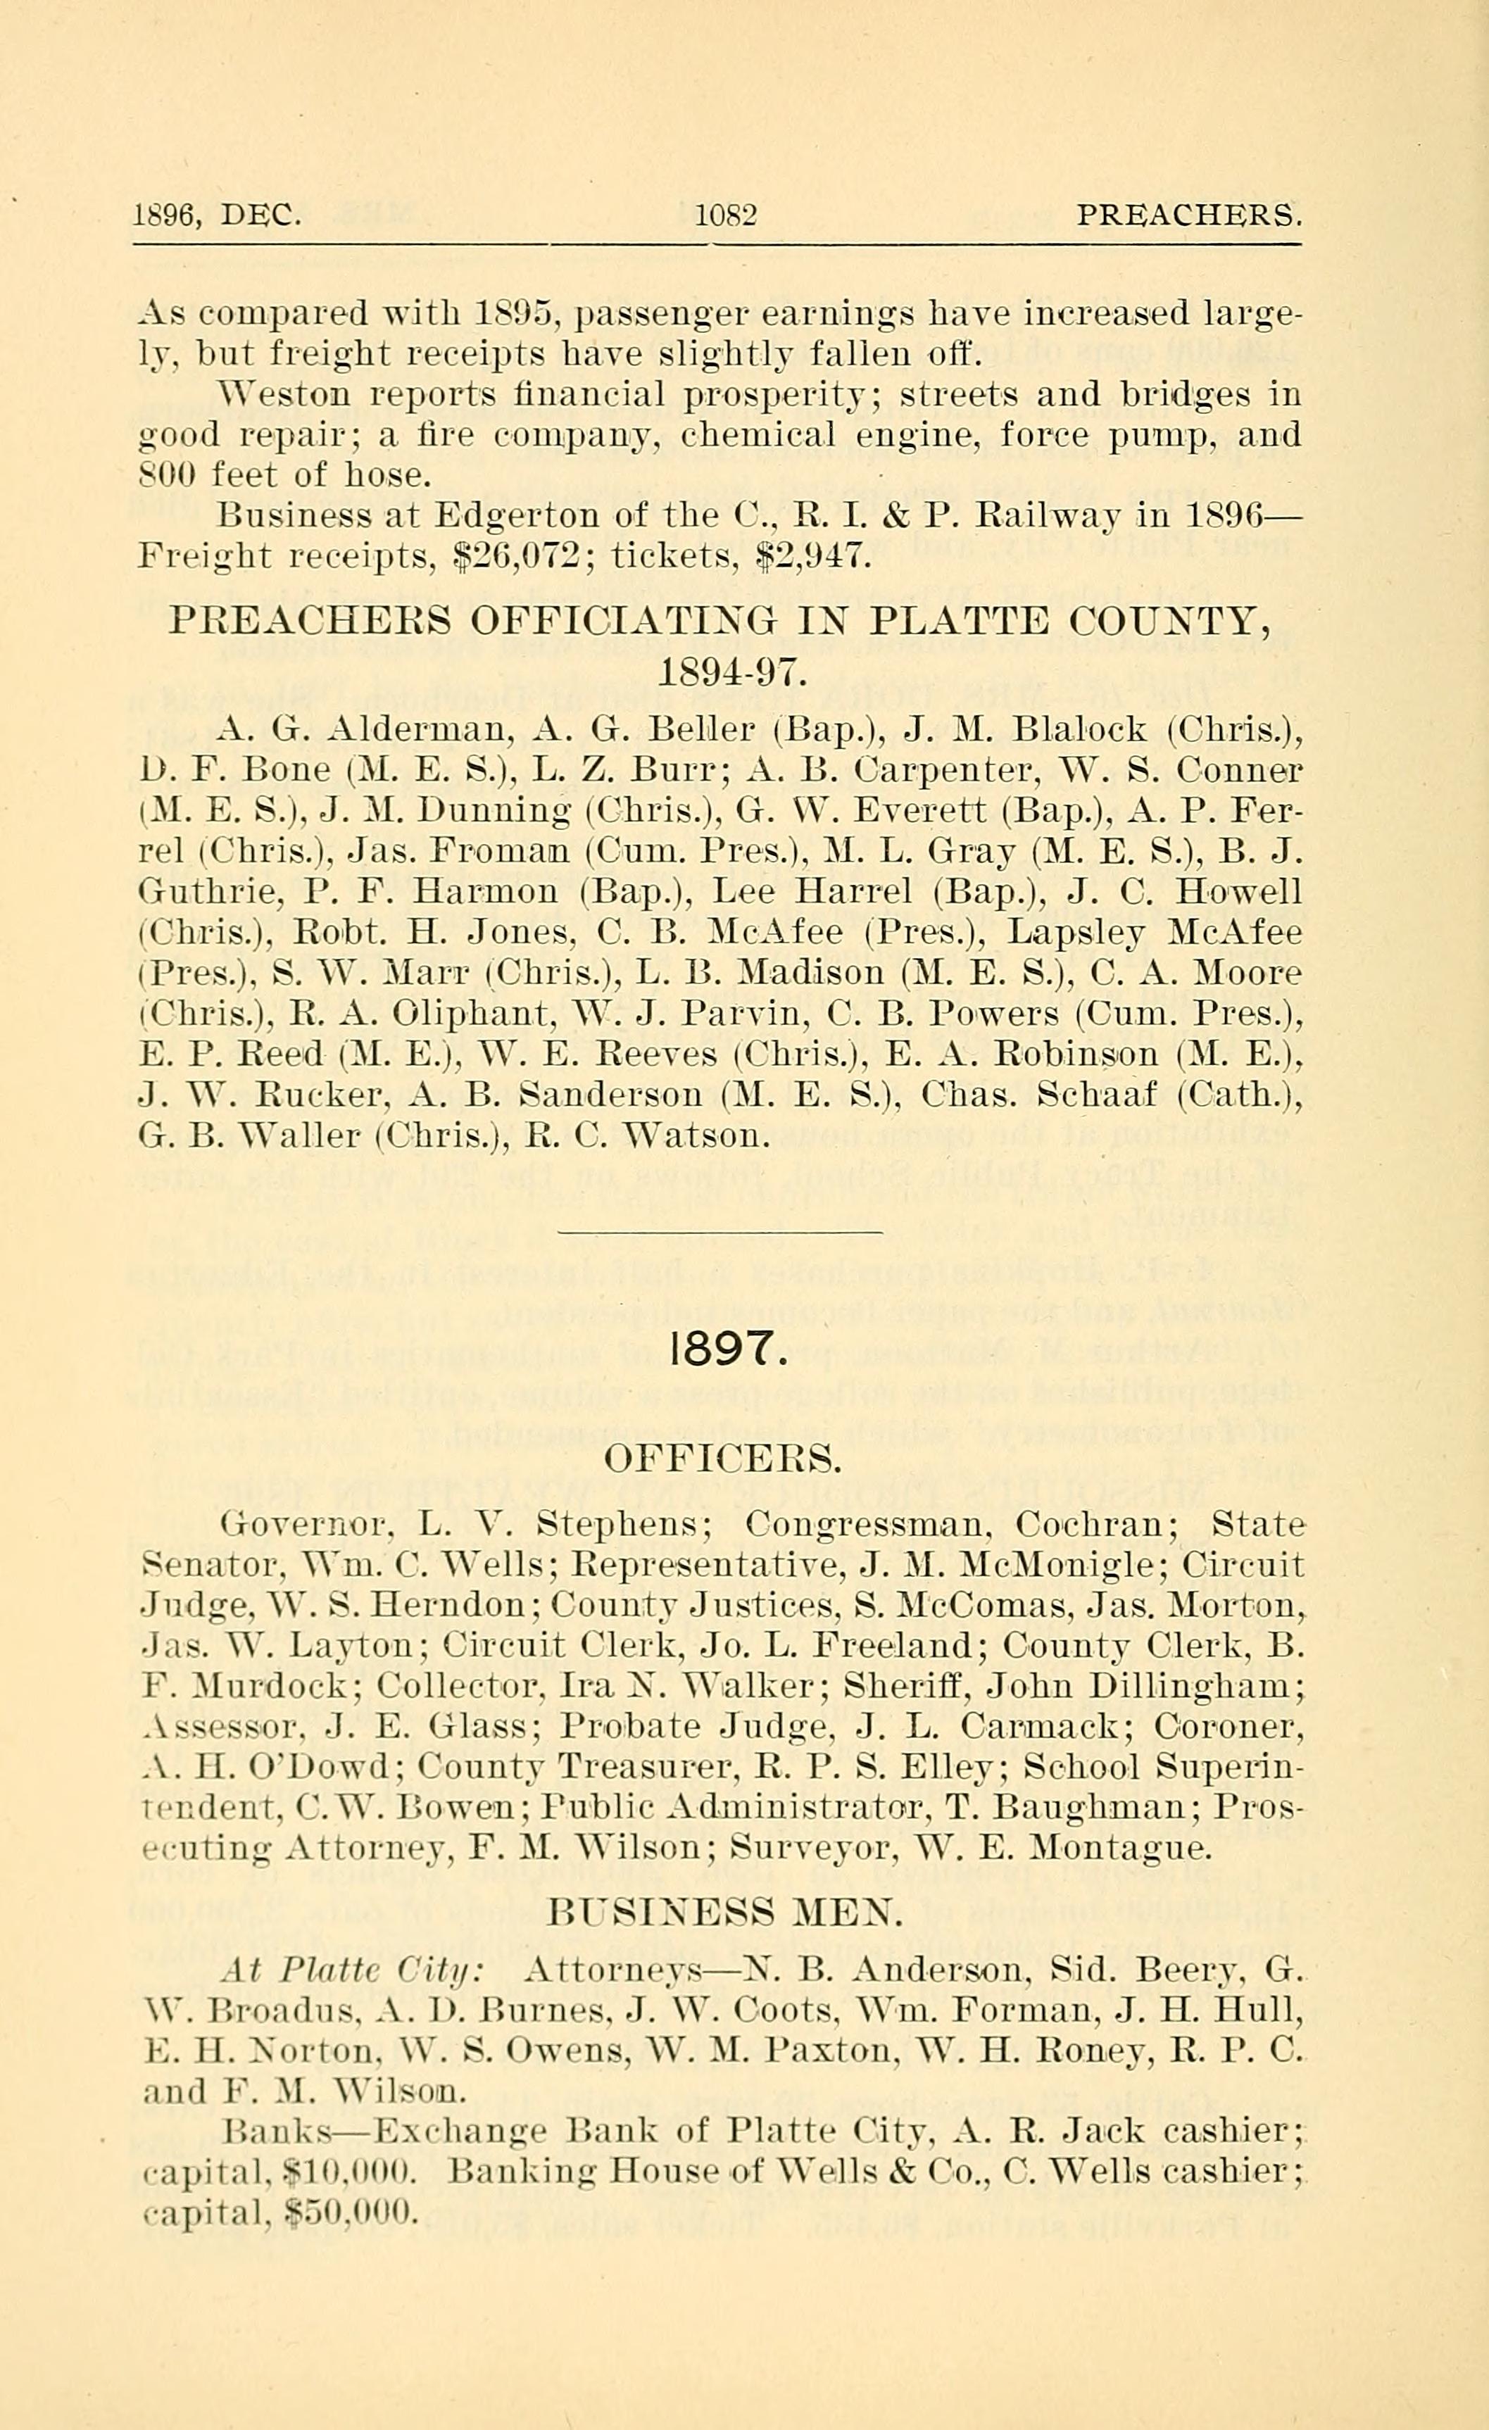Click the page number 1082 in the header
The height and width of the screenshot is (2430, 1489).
726,215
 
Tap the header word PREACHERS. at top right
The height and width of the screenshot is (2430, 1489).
1188,215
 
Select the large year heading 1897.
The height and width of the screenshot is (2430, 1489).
729,1349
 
